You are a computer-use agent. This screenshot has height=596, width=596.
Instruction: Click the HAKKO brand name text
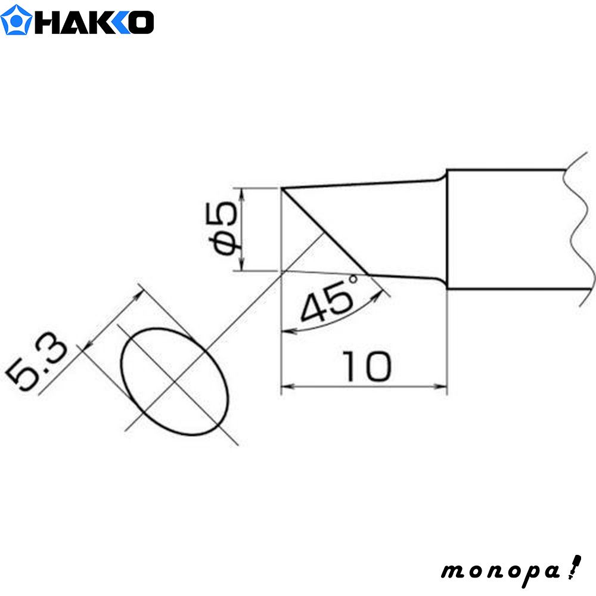point(95,21)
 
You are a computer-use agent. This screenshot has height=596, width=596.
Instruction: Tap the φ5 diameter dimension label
point(226,229)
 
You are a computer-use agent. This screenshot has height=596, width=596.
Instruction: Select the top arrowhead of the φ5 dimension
point(241,191)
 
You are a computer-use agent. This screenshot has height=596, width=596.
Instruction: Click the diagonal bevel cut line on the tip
point(325,232)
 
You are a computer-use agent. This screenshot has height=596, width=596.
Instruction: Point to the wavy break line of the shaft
point(575,232)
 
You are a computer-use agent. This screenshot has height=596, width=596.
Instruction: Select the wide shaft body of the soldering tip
point(507,229)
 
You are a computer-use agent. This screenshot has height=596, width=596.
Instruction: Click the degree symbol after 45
point(355,279)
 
